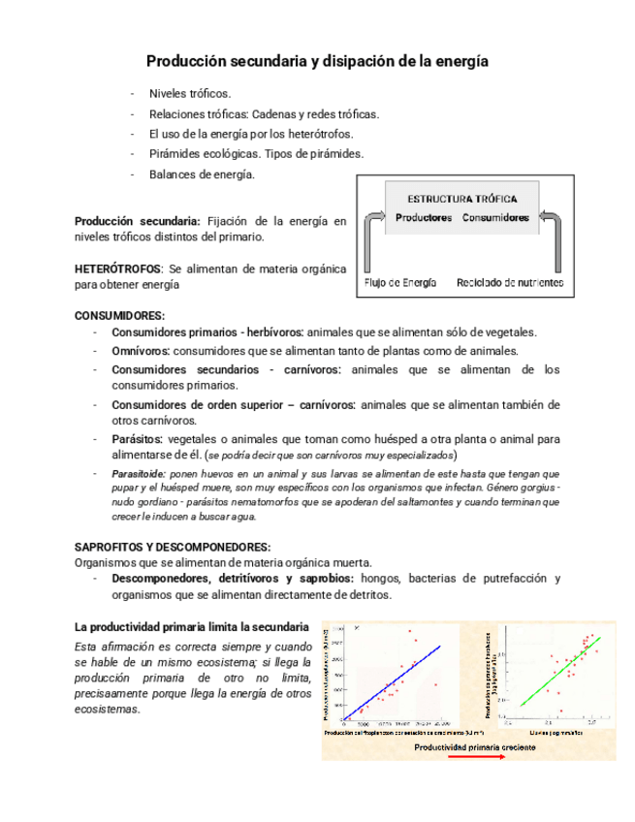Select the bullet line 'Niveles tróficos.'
190,93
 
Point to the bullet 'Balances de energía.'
202,174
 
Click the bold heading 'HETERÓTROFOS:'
119,268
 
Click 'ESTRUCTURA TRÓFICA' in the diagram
461,198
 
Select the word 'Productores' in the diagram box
424,218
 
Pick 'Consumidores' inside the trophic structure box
495,218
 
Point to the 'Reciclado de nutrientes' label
509,283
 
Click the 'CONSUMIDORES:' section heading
120,315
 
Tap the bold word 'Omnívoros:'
142,350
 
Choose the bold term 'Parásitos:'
139,438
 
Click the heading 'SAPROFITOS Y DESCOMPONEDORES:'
173,547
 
